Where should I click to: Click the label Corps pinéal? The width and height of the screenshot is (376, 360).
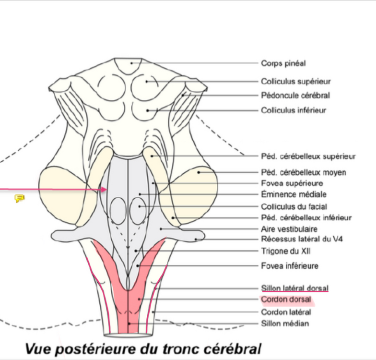pyautogui.click(x=283, y=63)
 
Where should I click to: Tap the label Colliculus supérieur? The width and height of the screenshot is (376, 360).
pyautogui.click(x=295, y=82)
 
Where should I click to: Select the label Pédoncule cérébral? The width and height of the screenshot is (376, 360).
pyautogui.click(x=295, y=96)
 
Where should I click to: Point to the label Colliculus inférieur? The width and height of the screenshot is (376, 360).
pyautogui.click(x=293, y=110)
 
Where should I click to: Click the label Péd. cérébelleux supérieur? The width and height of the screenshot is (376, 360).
pyautogui.click(x=308, y=156)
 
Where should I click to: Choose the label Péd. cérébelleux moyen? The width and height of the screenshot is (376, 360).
pyautogui.click(x=303, y=172)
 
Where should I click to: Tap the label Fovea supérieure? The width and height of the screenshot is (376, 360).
pyautogui.click(x=292, y=183)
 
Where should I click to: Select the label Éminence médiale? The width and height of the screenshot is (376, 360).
pyautogui.click(x=294, y=195)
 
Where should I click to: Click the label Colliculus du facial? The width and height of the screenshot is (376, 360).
pyautogui.click(x=294, y=207)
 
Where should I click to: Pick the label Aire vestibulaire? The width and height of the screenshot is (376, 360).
pyautogui.click(x=289, y=229)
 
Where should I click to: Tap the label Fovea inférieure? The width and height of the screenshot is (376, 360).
pyautogui.click(x=290, y=266)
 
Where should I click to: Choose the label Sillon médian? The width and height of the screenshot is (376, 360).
pyautogui.click(x=285, y=324)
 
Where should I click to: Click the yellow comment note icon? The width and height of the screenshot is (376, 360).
pyautogui.click(x=19, y=198)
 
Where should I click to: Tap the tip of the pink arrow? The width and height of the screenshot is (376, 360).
pyautogui.click(x=106, y=190)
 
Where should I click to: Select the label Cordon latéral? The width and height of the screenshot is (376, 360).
pyautogui.click(x=286, y=312)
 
